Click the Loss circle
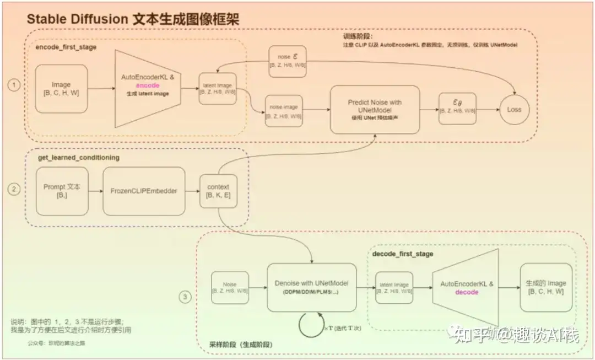pyautogui.click(x=514, y=109)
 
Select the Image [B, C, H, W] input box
pyautogui.click(x=61, y=88)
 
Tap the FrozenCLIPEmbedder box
pyautogui.click(x=144, y=191)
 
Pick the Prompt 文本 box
pyautogui.click(x=62, y=191)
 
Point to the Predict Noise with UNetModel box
pyautogui.click(x=375, y=109)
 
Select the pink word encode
pyautogui.click(x=148, y=85)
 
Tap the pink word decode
pyautogui.click(x=467, y=292)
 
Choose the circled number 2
pyautogui.click(x=14, y=189)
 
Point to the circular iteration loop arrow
pyautogui.click(x=311, y=324)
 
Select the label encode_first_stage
pyautogui.click(x=66, y=47)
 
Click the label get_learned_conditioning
pyautogui.click(x=78, y=158)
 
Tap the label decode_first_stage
pyautogui.click(x=403, y=254)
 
